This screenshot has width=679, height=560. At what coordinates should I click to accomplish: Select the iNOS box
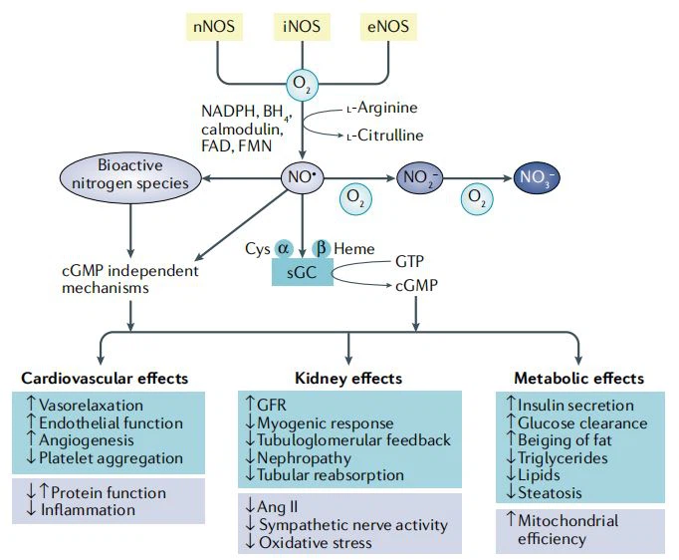click(301, 26)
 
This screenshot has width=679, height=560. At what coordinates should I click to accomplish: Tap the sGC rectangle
click(303, 271)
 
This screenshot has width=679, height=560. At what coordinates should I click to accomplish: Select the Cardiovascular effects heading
click(106, 378)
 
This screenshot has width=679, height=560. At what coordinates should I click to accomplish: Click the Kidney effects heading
click(348, 378)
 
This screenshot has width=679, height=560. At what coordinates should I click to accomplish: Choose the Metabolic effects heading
click(578, 378)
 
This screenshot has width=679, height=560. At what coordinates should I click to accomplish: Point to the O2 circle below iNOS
click(303, 84)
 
